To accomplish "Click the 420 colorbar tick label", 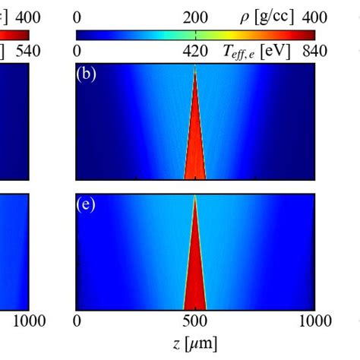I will coord(195,51).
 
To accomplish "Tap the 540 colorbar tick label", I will coord(15,51).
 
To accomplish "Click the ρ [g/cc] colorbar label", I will coord(270,16).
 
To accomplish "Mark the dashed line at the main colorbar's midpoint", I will coord(195,34).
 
